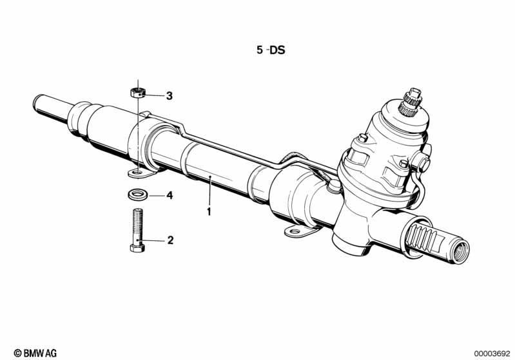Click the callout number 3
(169, 96)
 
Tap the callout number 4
(170, 196)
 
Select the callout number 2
(170, 240)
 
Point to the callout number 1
(209, 212)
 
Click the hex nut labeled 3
(138, 93)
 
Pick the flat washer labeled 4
(137, 194)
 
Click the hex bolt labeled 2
(137, 231)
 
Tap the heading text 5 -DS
(271, 50)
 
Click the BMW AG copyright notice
(35, 353)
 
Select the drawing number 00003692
(492, 354)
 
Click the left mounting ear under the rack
(141, 173)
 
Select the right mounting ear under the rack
(297, 232)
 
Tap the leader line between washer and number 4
(155, 196)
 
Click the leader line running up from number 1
(209, 191)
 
